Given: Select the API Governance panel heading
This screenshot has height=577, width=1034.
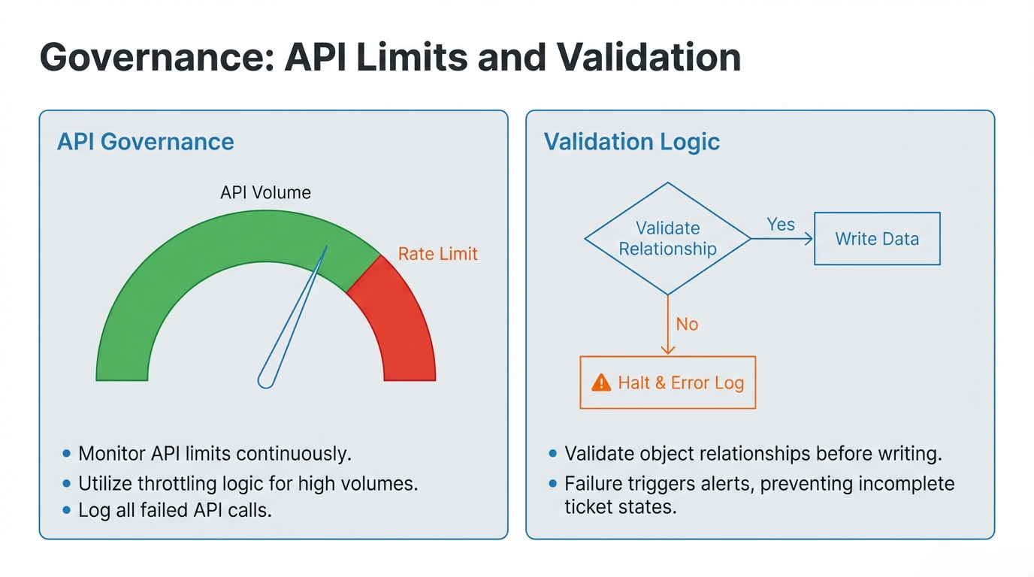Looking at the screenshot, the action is pyautogui.click(x=146, y=142).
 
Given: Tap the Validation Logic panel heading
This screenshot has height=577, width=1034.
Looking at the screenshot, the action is pyautogui.click(x=631, y=142).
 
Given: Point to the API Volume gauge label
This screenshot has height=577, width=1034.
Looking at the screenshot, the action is pyautogui.click(x=265, y=192).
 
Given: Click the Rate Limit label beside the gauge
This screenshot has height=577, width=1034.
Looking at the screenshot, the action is pyautogui.click(x=437, y=254).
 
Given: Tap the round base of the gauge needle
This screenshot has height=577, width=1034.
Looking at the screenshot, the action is pyautogui.click(x=266, y=380).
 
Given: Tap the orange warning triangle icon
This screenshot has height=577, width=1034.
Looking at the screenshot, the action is pyautogui.click(x=601, y=382).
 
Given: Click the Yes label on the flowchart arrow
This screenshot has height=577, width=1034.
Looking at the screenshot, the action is pyautogui.click(x=781, y=225).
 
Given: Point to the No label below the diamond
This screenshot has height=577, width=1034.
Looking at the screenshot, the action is pyautogui.click(x=687, y=325).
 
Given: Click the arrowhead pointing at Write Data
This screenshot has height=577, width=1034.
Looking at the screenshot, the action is pyautogui.click(x=809, y=239).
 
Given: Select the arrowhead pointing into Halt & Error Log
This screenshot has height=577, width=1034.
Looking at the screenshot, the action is pyautogui.click(x=668, y=350).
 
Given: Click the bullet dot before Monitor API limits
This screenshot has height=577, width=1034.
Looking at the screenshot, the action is pyautogui.click(x=66, y=453).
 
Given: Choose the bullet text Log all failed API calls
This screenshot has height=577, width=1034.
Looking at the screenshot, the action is pyautogui.click(x=175, y=511).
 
